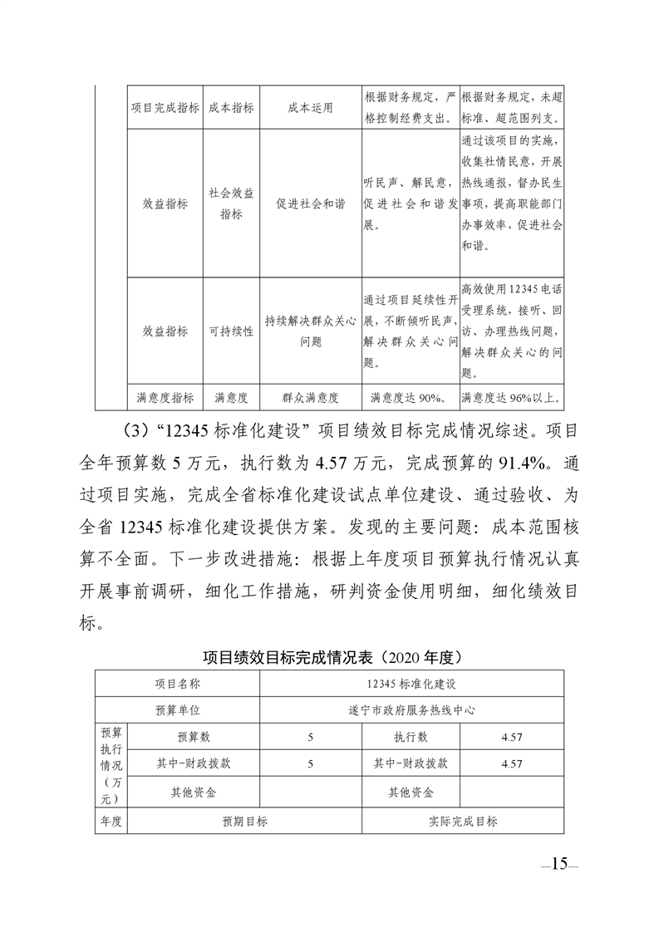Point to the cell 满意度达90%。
[410, 398]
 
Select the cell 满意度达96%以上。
[511, 398]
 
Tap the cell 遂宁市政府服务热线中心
[412, 710]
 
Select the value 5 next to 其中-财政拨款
[310, 763]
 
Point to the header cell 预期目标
[244, 822]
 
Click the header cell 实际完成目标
[463, 822]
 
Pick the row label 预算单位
[178, 710]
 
